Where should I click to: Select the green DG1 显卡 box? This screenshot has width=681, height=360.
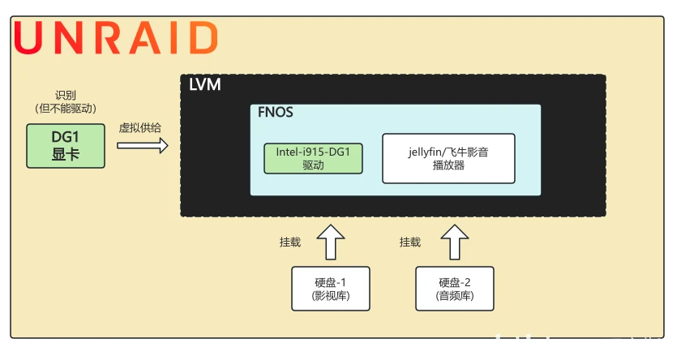pos(66,146)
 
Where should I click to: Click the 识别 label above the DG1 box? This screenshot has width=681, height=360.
pos(65,95)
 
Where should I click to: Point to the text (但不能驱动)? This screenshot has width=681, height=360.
pos(65,108)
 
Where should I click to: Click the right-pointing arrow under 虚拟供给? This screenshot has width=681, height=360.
pos(143,146)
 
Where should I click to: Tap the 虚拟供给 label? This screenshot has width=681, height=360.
pos(141,128)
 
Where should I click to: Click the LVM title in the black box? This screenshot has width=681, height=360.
pos(204,85)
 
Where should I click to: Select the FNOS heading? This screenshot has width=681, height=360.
pos(275,114)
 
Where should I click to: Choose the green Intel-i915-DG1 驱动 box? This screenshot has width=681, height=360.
pos(313,158)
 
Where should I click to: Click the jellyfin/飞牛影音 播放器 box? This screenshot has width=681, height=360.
pos(448,158)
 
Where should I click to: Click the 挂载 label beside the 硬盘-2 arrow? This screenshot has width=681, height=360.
pos(410,242)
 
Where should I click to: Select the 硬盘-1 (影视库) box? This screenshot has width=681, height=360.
pos(331,289)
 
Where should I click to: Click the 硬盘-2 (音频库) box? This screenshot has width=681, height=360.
pos(455,289)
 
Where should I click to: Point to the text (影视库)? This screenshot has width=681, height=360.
pos(331,296)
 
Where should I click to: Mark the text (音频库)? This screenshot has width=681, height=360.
pos(455,296)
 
